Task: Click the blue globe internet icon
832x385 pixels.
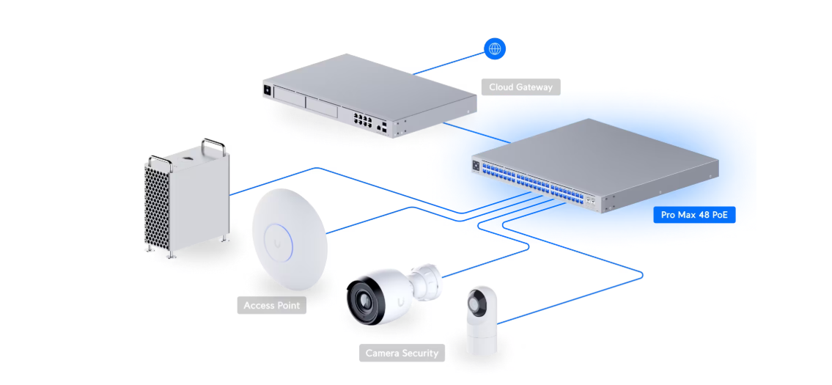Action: pyautogui.click(x=495, y=49)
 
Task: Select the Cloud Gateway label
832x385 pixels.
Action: pyautogui.click(x=521, y=87)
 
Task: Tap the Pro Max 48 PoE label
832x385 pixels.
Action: pyautogui.click(x=693, y=215)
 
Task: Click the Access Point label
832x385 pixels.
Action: pyautogui.click(x=271, y=305)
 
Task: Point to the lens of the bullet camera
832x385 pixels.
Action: pyautogui.click(x=364, y=298)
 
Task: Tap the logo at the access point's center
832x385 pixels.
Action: pyautogui.click(x=279, y=238)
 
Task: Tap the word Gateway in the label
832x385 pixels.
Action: pyautogui.click(x=534, y=87)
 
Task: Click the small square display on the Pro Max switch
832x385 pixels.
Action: pyautogui.click(x=477, y=166)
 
